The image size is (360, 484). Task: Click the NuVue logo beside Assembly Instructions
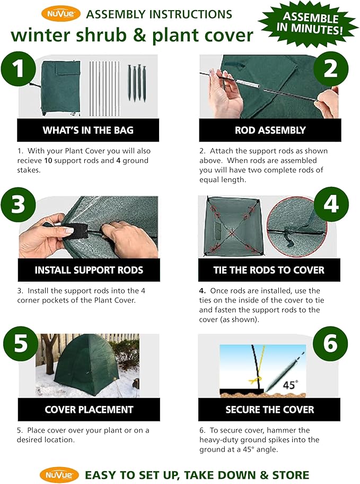(61, 14)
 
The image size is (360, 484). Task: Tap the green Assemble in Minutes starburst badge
(309, 24)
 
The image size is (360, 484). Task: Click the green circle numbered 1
(19, 68)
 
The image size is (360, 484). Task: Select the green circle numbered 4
(331, 204)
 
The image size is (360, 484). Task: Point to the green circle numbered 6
(330, 343)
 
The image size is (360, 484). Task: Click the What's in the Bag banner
(88, 130)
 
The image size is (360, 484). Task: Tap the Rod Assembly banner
(270, 130)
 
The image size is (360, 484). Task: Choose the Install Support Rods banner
(89, 270)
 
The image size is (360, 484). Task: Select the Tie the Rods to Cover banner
(269, 270)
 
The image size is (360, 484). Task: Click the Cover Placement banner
(89, 410)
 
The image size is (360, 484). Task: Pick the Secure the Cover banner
(269, 410)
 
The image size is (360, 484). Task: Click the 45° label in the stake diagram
(291, 385)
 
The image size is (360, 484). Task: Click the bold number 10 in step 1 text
(48, 160)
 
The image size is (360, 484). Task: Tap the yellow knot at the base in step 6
(256, 379)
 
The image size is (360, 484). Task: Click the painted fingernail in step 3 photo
(69, 230)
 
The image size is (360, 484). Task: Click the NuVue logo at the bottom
(59, 475)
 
